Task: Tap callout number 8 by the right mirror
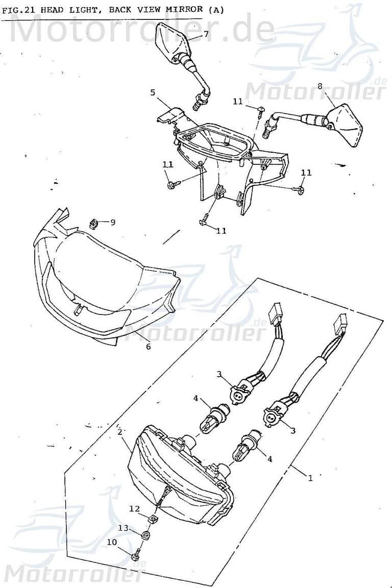click(x=320, y=86)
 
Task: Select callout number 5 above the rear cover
click(x=153, y=92)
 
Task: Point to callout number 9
click(x=113, y=222)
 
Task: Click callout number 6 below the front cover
click(x=148, y=347)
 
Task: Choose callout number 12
click(x=134, y=508)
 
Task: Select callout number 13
click(x=123, y=527)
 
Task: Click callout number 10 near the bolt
click(x=112, y=542)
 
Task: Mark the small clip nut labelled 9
click(x=93, y=223)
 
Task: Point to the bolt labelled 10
click(x=135, y=556)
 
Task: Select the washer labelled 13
click(x=144, y=535)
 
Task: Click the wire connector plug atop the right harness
click(x=340, y=322)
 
